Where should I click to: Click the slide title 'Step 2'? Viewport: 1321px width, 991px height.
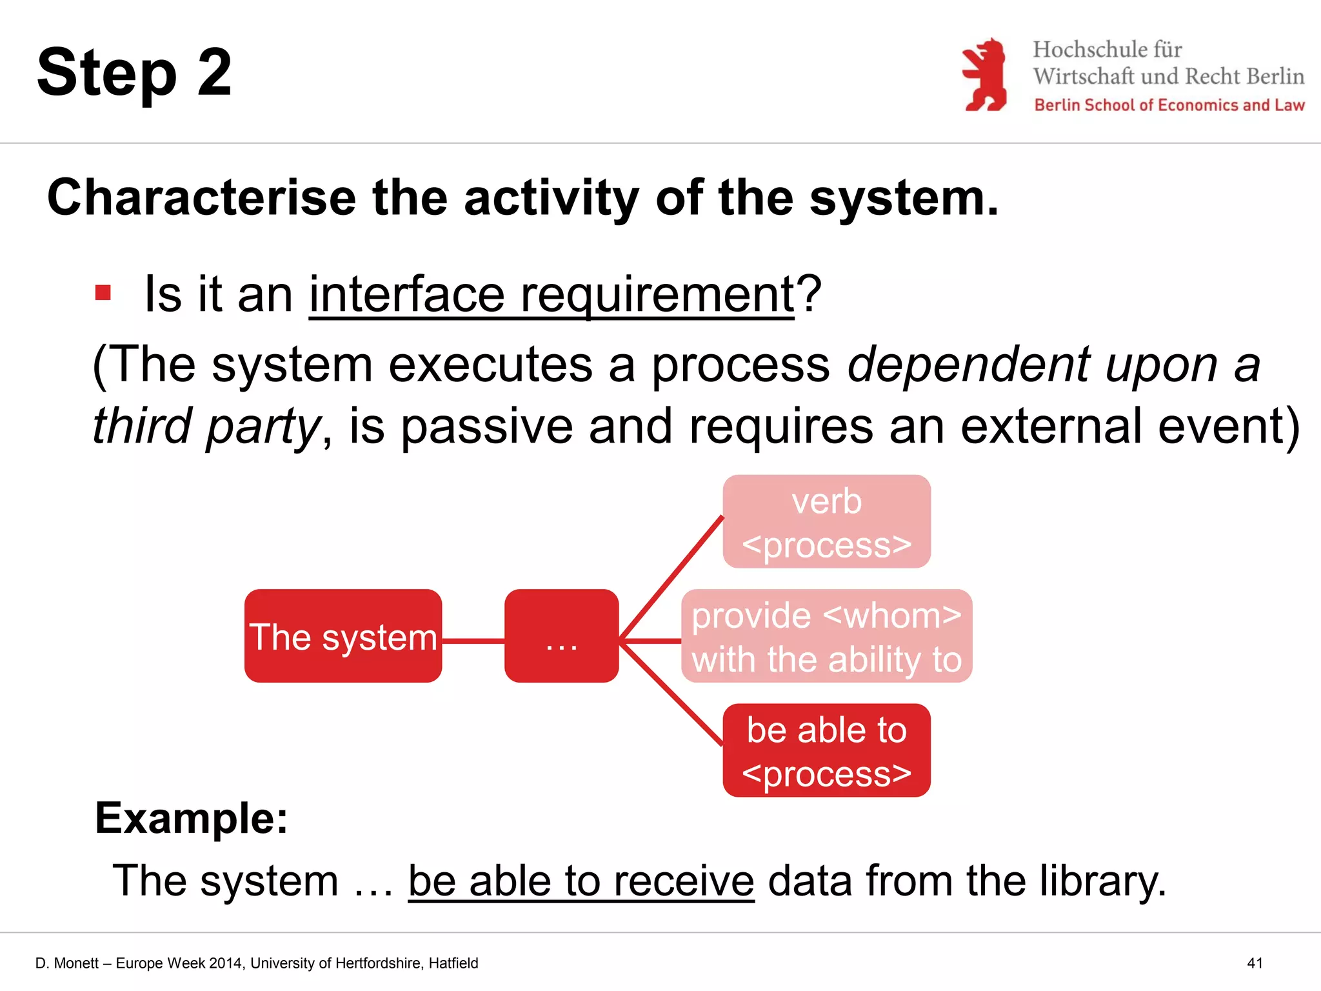tap(134, 73)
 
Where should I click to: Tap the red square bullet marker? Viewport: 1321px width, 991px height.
tap(103, 293)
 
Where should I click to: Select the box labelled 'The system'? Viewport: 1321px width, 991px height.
tap(343, 636)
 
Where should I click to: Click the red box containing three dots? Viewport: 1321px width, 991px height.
tap(561, 636)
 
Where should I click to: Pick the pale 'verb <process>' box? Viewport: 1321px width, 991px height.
tap(826, 522)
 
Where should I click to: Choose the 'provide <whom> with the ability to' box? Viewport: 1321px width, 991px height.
tap(826, 636)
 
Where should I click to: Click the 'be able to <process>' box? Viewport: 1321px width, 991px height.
tap(826, 750)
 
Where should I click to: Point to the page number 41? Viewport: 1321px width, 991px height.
tap(1255, 963)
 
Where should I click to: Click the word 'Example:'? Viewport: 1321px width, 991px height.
tap(192, 818)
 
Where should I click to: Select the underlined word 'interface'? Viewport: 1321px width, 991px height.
tap(407, 294)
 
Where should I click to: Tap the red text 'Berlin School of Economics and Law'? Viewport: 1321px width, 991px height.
tap(1169, 105)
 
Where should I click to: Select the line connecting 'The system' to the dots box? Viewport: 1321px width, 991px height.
tap(473, 641)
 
